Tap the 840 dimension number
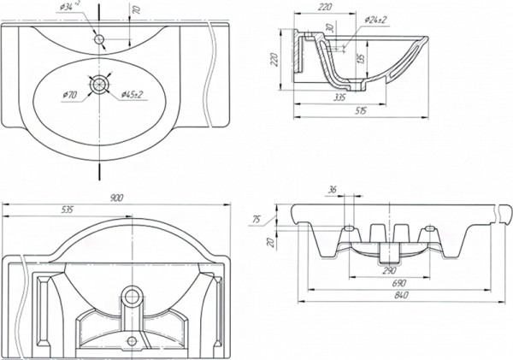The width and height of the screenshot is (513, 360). [x=394, y=295]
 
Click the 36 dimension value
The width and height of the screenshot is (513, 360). [x=332, y=190]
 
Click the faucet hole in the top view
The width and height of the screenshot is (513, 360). [x=100, y=38]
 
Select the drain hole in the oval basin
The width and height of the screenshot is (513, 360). [x=101, y=84]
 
